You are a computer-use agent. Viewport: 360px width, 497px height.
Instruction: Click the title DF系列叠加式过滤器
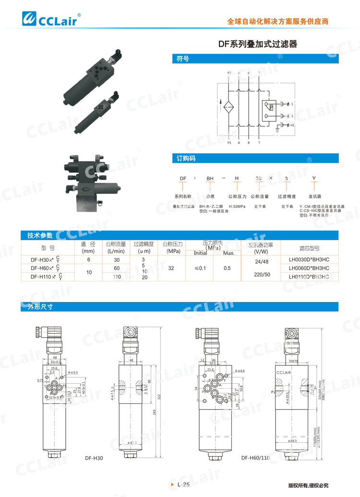click(x=258, y=44)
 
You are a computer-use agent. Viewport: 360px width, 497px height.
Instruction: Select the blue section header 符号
click(x=182, y=59)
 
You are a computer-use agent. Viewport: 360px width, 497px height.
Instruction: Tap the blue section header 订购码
click(x=186, y=158)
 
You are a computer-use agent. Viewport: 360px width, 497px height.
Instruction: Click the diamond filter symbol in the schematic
click(x=229, y=106)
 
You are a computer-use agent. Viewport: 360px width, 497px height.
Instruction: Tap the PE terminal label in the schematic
click(x=292, y=125)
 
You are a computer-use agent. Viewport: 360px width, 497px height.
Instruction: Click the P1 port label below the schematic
click(x=229, y=143)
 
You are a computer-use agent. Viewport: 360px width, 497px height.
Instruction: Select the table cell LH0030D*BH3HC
click(x=309, y=260)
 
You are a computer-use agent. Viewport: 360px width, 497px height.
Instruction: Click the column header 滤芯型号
click(x=309, y=248)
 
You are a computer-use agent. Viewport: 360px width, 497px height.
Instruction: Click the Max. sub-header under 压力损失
click(x=229, y=253)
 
